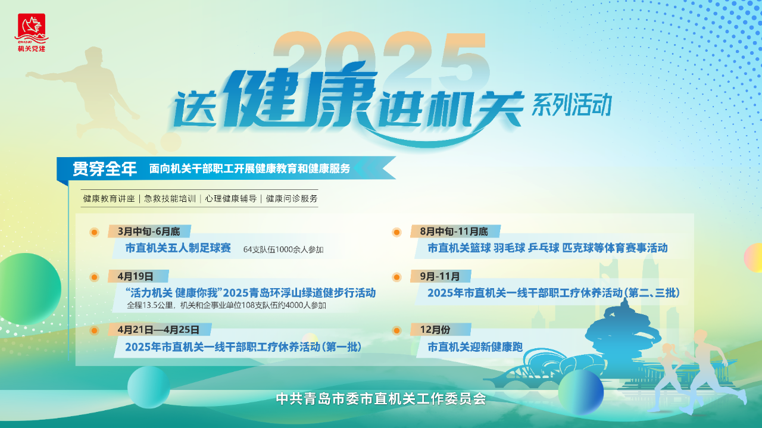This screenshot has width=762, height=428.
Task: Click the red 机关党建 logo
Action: [x=32, y=33]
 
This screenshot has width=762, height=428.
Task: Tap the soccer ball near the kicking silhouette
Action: [x=171, y=142]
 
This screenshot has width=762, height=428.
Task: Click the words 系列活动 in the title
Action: [x=572, y=105]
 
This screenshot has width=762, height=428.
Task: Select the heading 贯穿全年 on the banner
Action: [x=105, y=168]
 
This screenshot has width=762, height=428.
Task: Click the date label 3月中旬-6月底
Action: [x=149, y=232]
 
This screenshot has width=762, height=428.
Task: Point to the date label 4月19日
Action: [x=135, y=276]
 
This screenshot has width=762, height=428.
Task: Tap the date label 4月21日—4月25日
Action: [x=158, y=330]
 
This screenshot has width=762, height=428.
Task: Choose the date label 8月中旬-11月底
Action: [x=454, y=232]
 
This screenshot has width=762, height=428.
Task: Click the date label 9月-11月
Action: [x=440, y=276]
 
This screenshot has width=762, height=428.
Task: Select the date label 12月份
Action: [x=435, y=330]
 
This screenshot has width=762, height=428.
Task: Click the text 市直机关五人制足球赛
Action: [x=178, y=248]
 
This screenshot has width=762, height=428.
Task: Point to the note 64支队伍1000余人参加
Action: [x=283, y=249]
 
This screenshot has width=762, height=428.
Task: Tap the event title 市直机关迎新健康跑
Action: [x=475, y=347]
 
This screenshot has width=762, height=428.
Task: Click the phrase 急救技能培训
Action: [x=170, y=199]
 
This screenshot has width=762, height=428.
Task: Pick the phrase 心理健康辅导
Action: [x=230, y=199]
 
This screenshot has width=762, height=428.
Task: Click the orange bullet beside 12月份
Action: [x=396, y=330]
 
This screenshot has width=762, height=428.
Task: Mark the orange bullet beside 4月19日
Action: [x=94, y=277]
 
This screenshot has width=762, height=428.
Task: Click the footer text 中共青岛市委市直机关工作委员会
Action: [x=381, y=399]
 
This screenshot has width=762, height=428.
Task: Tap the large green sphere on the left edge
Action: [x=30, y=289]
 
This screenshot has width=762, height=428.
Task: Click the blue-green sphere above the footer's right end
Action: [x=580, y=392]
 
